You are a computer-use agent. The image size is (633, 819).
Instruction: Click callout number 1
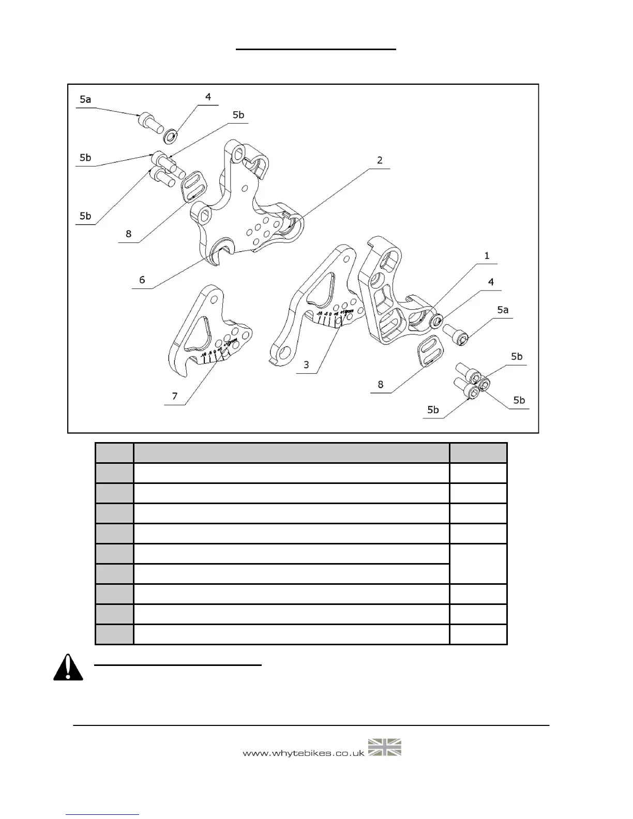[x=486, y=256]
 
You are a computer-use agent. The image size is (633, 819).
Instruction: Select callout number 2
[x=380, y=160]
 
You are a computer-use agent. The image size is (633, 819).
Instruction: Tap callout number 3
[x=306, y=365]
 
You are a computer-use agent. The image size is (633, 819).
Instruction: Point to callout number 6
[x=142, y=280]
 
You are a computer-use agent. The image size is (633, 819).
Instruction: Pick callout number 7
[x=175, y=396]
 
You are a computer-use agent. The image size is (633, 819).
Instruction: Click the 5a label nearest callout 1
[x=502, y=310]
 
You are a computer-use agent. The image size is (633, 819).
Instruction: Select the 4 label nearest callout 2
[x=208, y=97]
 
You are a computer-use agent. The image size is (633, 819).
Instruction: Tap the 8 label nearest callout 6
[x=128, y=234]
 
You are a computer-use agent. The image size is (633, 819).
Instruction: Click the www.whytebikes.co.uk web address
[x=304, y=753]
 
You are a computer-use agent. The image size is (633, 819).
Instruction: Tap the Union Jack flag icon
[x=385, y=748]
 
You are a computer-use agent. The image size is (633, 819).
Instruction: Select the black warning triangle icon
[x=68, y=668]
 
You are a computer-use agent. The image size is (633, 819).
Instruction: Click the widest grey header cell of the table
[x=291, y=453]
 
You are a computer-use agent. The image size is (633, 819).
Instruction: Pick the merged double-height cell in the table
[x=478, y=564]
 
